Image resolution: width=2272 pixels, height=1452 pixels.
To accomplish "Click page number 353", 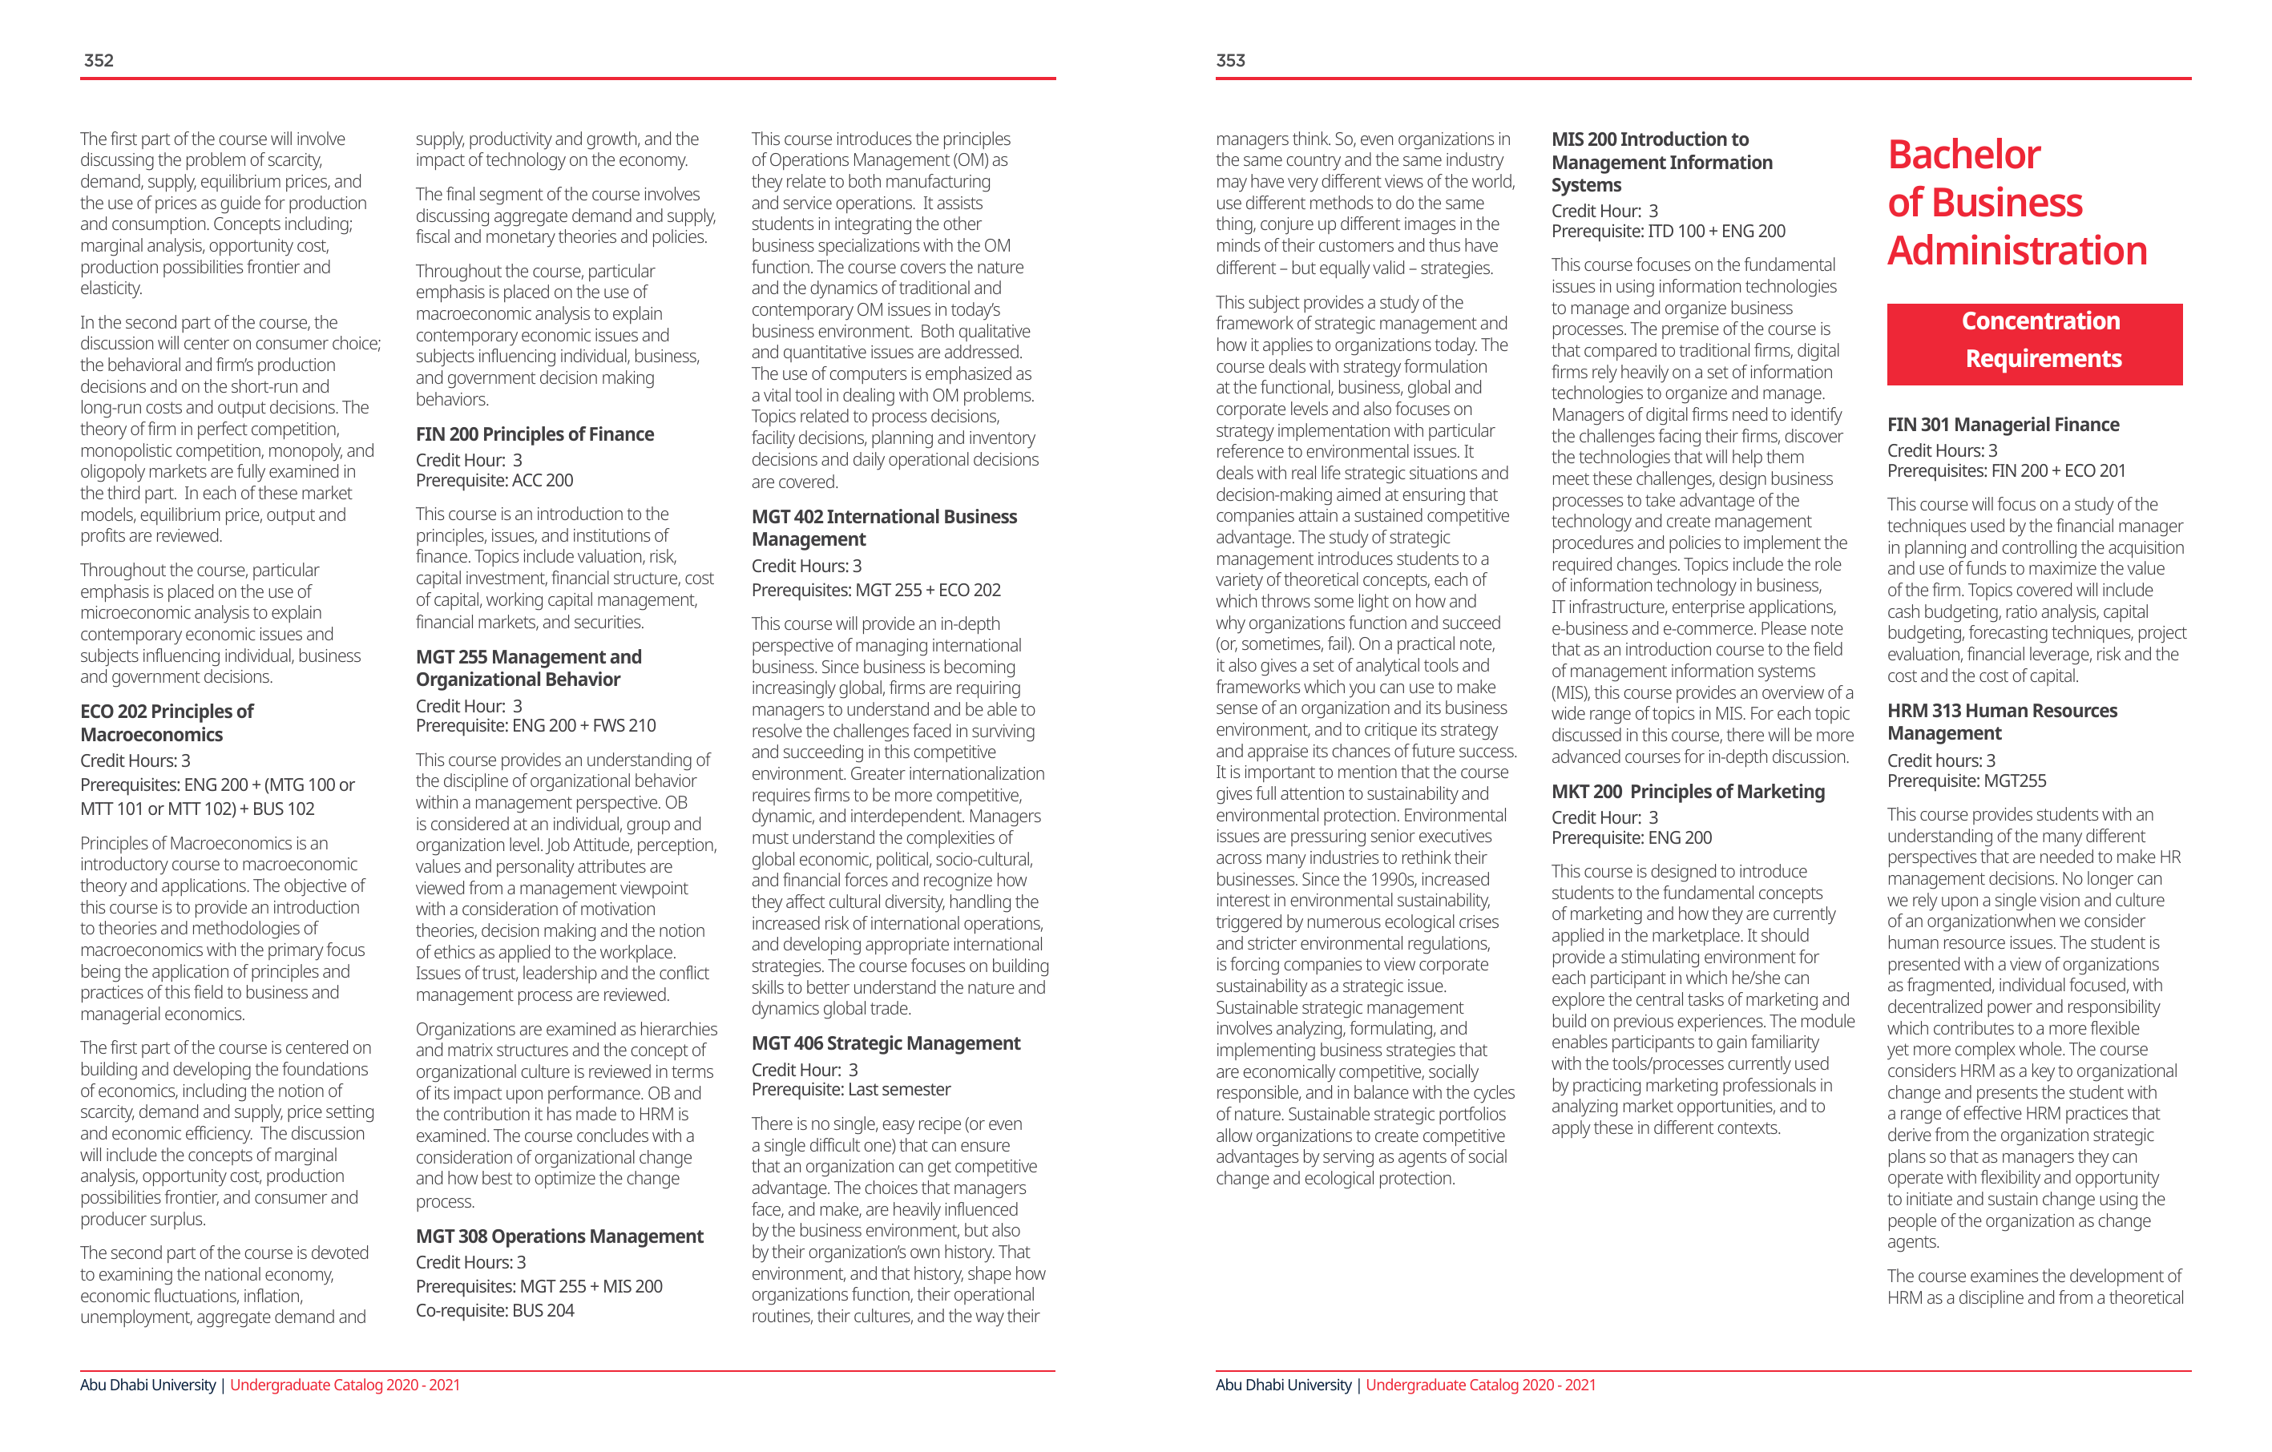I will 1229,60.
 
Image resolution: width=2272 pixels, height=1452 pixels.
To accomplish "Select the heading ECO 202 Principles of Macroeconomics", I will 166,723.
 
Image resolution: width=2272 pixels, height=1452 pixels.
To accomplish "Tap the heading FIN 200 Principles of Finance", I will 534,434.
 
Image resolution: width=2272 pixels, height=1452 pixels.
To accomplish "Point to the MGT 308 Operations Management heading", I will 559,1236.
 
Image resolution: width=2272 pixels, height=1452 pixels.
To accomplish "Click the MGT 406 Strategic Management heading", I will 885,1043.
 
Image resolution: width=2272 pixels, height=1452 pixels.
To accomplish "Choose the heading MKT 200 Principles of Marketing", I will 1687,792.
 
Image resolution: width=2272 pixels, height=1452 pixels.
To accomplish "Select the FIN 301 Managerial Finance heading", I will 2002,425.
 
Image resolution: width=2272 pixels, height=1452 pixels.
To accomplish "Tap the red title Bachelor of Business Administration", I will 2016,202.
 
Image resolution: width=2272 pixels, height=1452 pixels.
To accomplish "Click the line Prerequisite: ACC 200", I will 494,480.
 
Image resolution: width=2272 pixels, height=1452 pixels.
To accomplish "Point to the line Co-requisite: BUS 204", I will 494,1310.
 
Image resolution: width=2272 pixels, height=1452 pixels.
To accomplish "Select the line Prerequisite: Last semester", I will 850,1090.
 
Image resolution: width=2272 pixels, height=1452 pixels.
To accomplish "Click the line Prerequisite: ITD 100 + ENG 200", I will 1669,231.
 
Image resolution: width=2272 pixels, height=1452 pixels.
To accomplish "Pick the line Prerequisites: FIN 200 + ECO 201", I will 2006,471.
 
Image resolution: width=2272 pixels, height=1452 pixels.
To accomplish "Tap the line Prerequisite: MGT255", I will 1967,781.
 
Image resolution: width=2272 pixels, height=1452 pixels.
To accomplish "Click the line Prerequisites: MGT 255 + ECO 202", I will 876,591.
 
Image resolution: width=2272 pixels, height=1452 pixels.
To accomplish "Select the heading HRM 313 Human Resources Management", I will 2001,722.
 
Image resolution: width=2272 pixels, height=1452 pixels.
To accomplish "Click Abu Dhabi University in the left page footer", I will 148,1385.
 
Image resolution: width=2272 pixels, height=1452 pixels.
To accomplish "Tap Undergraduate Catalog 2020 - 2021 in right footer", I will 1480,1385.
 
